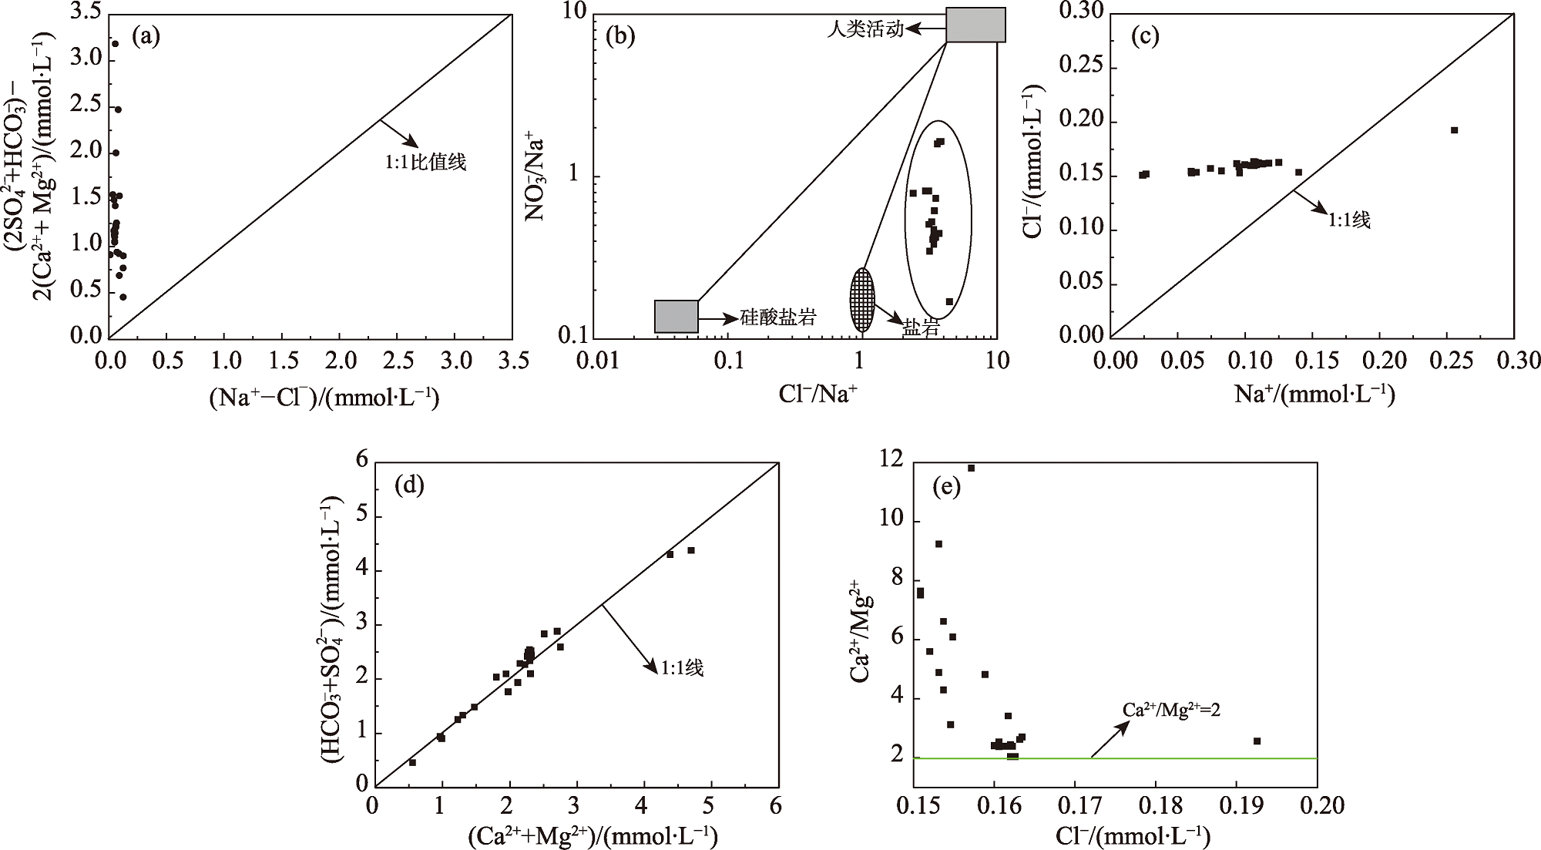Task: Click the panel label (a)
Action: pos(146,36)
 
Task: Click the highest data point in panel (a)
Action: pos(115,44)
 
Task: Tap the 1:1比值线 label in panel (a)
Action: pos(426,163)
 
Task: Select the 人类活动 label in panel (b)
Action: pos(865,31)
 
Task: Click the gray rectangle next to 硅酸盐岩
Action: pos(676,316)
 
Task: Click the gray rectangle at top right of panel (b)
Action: pos(975,25)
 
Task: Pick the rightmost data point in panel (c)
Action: pos(1454,130)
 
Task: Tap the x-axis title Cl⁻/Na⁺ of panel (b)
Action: pos(818,394)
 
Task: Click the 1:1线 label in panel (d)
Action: pos(681,667)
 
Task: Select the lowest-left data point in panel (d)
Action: pos(412,762)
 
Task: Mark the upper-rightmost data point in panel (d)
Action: pos(691,550)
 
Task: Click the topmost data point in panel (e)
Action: pos(971,468)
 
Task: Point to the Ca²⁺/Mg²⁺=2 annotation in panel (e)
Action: pos(1170,709)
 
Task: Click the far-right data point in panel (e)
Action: pos(1257,741)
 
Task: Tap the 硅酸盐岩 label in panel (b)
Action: pos(777,317)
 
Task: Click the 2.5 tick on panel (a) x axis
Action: pos(398,361)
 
